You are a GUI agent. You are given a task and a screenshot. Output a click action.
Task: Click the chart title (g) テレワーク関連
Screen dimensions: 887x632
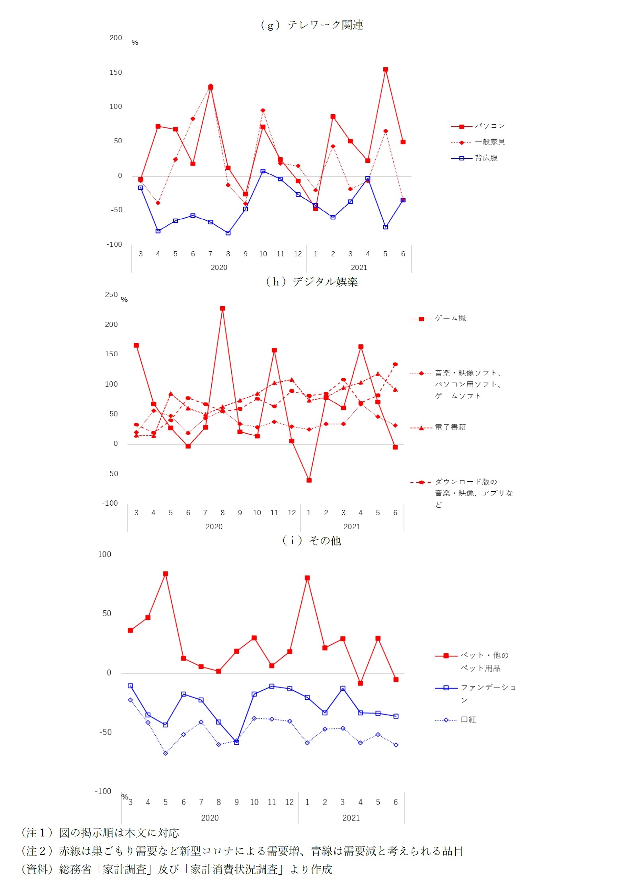(x=312, y=25)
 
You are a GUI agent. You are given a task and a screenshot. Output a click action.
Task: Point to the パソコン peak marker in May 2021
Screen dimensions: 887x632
(x=385, y=70)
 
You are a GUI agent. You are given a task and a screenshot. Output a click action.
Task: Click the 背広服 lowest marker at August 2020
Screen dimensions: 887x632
(x=228, y=233)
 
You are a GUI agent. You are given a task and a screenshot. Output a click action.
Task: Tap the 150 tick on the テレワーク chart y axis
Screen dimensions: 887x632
(x=116, y=72)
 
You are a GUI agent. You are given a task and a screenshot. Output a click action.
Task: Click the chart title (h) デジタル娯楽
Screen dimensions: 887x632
(x=312, y=282)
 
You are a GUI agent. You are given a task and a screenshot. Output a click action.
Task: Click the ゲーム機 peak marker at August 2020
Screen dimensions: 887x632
(x=222, y=309)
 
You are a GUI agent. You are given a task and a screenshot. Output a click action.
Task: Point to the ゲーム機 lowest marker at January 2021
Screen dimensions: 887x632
(x=309, y=480)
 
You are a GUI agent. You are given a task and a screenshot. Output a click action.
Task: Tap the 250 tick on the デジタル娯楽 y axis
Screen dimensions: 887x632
(x=111, y=295)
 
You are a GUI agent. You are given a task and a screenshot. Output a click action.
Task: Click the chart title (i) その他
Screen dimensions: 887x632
(x=312, y=540)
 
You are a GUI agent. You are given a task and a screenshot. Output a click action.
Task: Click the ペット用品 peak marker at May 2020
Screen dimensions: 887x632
(x=166, y=574)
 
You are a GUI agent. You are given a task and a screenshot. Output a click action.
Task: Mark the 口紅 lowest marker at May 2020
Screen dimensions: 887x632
(x=166, y=753)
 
